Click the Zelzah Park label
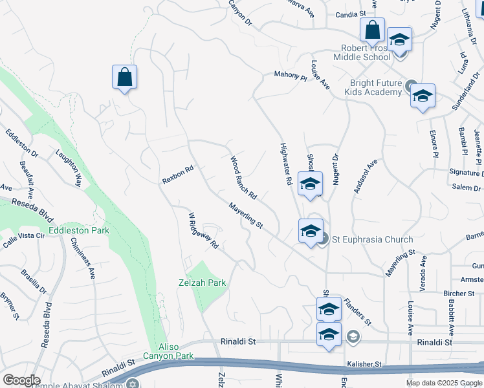(203, 283)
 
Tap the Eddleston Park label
(78, 230)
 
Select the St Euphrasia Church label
(372, 240)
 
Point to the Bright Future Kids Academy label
(376, 87)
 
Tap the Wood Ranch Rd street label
(243, 177)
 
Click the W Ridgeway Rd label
(203, 230)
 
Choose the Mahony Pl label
(290, 76)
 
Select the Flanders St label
(357, 310)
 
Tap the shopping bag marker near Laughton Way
(124, 77)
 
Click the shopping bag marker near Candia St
(372, 30)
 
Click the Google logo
(21, 380)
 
